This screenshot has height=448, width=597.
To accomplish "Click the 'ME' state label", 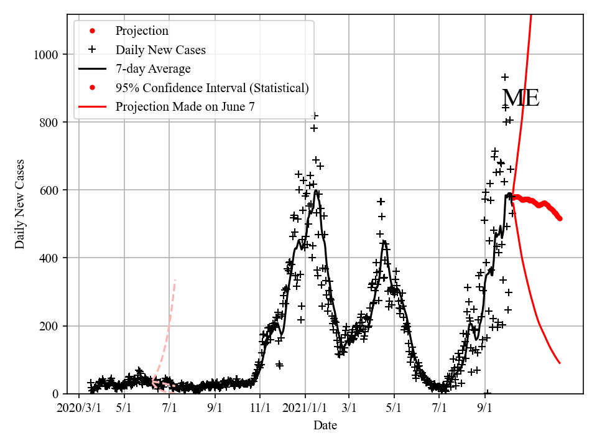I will [520, 99].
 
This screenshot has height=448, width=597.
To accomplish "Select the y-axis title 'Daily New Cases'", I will [21, 204].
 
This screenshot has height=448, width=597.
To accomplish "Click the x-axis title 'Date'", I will [325, 426].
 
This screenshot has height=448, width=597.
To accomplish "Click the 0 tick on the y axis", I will [56, 394].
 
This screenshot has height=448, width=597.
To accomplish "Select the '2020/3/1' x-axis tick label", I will [78, 409].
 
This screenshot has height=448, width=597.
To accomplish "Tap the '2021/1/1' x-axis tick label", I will [305, 409].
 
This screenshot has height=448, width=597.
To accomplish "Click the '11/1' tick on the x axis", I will [260, 409].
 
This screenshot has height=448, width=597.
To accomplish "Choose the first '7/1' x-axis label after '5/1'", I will [170, 409].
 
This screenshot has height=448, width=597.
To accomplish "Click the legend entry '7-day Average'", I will [153, 69].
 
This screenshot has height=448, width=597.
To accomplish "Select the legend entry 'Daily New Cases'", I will [160, 50].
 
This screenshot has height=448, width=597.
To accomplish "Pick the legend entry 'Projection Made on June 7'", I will [185, 107].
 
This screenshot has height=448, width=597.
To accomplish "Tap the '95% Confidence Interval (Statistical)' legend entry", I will [211, 88].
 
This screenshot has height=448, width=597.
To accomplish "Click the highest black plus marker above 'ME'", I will [505, 77].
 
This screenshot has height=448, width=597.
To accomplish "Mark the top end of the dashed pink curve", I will [175, 281].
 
